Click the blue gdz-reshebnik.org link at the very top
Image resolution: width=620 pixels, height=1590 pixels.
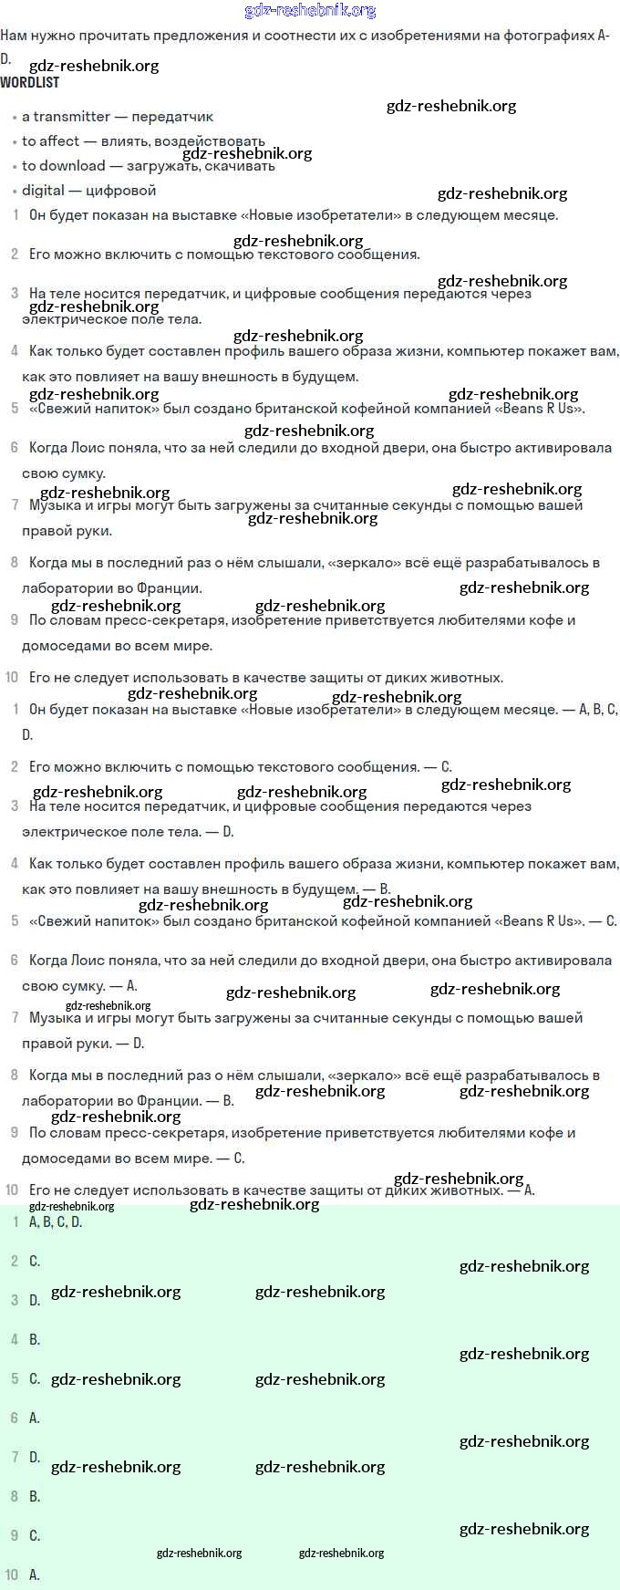click(310, 11)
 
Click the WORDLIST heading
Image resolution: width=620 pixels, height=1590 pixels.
click(30, 82)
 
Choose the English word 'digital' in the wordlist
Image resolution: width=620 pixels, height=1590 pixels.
click(43, 191)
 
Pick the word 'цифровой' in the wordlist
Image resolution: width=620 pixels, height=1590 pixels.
click(120, 191)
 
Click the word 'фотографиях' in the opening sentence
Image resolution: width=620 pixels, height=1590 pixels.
click(550, 36)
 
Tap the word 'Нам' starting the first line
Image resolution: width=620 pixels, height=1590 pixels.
click(13, 36)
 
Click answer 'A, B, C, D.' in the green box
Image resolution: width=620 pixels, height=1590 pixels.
click(56, 1222)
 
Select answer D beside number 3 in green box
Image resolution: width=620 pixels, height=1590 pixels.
click(35, 1301)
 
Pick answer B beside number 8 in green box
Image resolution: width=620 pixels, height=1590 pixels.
click(35, 1497)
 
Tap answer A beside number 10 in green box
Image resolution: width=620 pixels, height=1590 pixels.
click(35, 1575)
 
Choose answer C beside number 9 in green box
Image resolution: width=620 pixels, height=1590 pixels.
click(35, 1536)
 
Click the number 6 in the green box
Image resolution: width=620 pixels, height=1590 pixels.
click(14, 1419)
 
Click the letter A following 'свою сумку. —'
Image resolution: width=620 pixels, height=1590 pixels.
click(132, 986)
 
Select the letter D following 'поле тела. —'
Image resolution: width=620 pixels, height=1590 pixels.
click(228, 832)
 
